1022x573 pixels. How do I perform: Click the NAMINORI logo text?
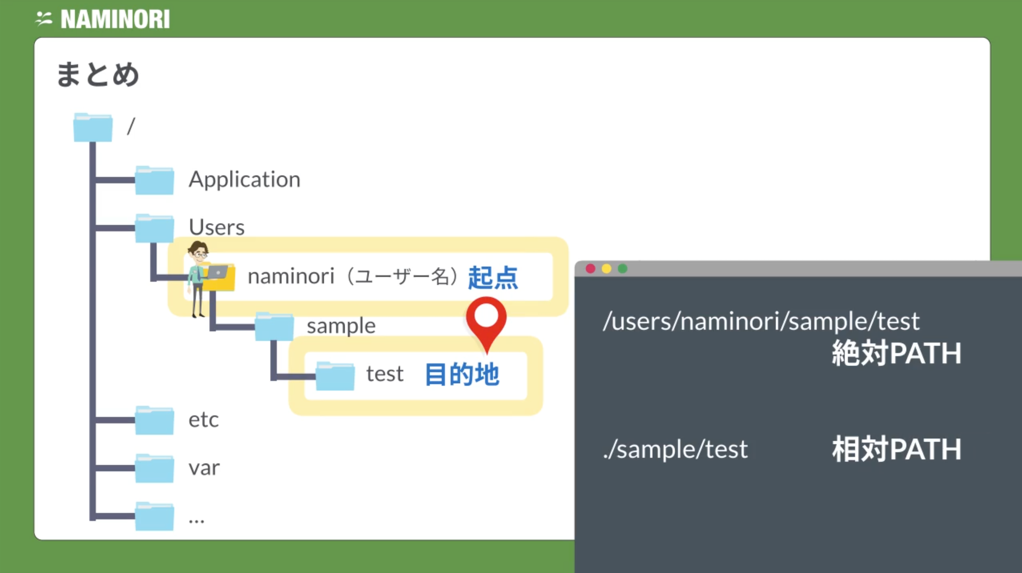[115, 19]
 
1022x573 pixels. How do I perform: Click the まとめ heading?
[98, 75]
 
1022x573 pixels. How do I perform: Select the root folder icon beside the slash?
[93, 127]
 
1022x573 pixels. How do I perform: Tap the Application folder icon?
[154, 180]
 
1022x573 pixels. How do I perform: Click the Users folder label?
[216, 227]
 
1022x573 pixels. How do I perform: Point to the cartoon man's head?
[198, 252]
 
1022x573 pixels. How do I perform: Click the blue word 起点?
[493, 277]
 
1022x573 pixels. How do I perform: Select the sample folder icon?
[274, 326]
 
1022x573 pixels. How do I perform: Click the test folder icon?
[335, 376]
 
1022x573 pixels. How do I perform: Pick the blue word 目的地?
[462, 375]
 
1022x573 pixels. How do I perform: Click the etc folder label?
[203, 420]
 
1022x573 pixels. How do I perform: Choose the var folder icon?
[154, 468]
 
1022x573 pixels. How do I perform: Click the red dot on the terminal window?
[591, 269]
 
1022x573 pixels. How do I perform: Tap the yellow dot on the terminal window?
[606, 269]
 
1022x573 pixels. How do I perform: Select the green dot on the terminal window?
[623, 269]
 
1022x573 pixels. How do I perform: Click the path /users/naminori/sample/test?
[761, 321]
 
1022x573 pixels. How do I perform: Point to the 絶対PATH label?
[897, 353]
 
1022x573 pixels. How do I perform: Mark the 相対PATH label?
[897, 449]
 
